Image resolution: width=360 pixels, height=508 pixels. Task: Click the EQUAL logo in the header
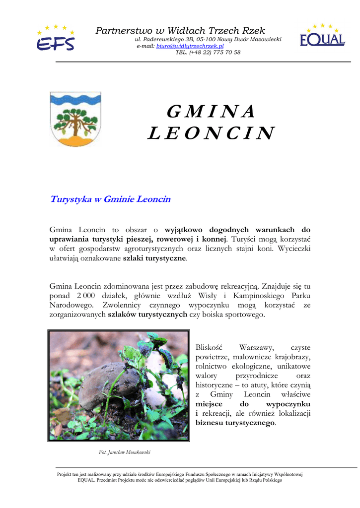pos(322,36)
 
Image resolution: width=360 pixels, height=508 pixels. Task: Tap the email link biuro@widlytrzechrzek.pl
pos(190,46)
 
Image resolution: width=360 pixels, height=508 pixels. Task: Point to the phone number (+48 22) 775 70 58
pos(208,52)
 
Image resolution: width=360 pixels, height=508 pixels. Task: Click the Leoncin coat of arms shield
pos(75,119)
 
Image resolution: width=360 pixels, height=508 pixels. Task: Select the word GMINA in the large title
pos(211,112)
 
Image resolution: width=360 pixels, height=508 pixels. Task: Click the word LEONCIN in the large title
pos(211,133)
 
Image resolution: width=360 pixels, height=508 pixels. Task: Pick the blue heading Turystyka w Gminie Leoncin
pos(110,199)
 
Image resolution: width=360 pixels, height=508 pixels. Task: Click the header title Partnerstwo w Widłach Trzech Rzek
pos(180,31)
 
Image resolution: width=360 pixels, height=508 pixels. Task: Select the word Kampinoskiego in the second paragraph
pos(258,296)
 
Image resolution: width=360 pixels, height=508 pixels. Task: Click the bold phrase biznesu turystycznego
pos(235,423)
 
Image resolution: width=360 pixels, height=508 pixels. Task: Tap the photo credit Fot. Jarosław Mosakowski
pos(125,452)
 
